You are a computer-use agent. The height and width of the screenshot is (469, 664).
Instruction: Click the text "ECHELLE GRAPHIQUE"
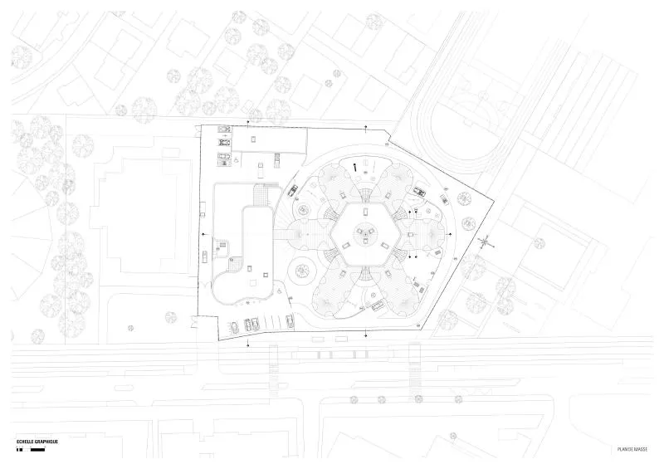(37, 442)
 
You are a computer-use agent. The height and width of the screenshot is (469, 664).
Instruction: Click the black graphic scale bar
(31, 449)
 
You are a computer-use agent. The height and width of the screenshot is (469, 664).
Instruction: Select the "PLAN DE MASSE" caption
(632, 449)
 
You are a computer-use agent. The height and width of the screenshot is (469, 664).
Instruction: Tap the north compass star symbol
(486, 242)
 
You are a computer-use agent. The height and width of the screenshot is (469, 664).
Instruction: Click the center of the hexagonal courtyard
(365, 234)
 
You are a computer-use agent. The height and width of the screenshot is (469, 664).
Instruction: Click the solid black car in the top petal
(355, 167)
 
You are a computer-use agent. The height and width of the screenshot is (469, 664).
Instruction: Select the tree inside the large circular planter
(301, 270)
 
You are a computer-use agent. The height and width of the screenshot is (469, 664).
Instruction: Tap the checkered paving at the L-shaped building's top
(259, 195)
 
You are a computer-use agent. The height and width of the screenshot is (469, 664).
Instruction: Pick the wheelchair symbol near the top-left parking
(237, 161)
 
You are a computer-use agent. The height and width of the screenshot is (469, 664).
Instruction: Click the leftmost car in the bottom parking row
(234, 327)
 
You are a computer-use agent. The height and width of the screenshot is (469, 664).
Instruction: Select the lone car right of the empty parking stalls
(290, 320)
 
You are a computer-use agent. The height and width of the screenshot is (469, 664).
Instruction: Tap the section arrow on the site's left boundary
(205, 234)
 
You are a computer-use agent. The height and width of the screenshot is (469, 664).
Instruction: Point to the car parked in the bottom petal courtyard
(378, 304)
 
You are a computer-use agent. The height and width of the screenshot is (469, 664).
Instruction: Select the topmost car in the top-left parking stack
(224, 129)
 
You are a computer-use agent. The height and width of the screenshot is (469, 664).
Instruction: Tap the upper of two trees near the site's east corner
(465, 198)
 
